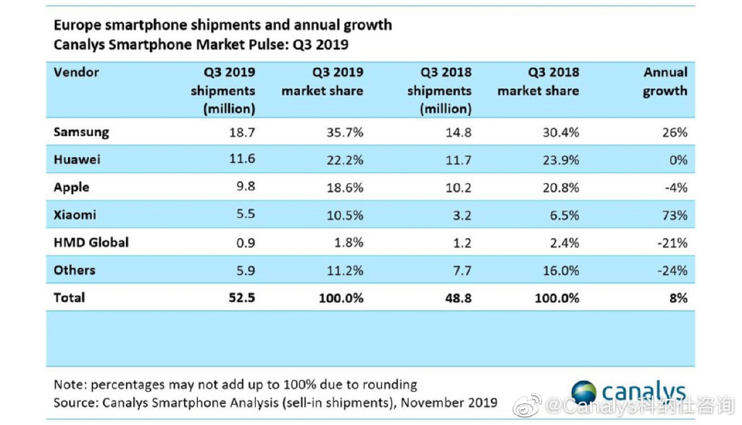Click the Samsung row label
coord(81,132)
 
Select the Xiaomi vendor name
coord(75,214)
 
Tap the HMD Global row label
coord(91,243)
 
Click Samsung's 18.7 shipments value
coord(242,132)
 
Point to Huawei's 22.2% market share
coord(345,160)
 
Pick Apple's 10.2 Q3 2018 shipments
coord(458,188)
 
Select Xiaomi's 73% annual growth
coord(675,216)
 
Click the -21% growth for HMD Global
coord(672,243)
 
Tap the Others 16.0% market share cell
coord(561,270)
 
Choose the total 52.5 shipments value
coord(242,298)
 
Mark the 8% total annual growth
coord(678,298)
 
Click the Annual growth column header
coord(665,81)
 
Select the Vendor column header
coord(76,72)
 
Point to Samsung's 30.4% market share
coord(561,132)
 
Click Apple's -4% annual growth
coord(676,188)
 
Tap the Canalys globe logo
coord(584,392)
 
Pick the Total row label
coord(69,298)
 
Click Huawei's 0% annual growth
coord(678,160)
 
